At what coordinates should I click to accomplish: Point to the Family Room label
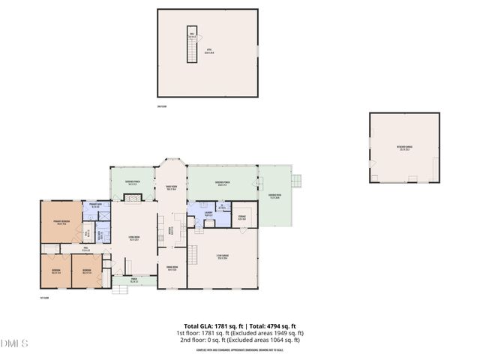[171, 188]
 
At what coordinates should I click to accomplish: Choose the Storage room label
[242, 218]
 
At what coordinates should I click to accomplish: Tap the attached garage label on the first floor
[223, 259]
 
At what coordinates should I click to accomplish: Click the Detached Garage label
[404, 148]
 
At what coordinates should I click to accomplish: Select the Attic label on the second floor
[209, 52]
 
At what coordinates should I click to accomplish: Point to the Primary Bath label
[96, 205]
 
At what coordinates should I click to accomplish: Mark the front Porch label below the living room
[133, 281]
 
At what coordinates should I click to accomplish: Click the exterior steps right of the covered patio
[297, 181]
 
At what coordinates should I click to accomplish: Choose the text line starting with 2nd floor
[239, 340]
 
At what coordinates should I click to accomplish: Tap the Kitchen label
[174, 230]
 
